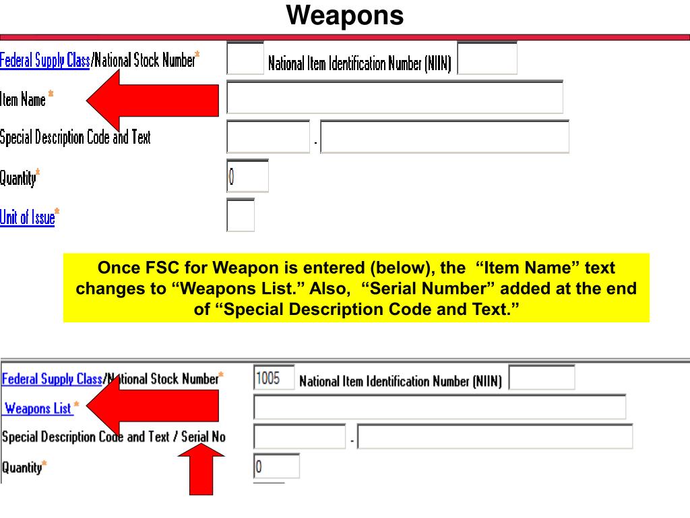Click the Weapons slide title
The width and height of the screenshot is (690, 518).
click(x=345, y=15)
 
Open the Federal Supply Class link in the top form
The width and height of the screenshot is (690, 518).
click(x=44, y=61)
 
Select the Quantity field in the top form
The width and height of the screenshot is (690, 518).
click(x=247, y=176)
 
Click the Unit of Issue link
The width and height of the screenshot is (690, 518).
click(x=27, y=217)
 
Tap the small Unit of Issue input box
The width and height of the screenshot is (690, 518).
click(x=241, y=216)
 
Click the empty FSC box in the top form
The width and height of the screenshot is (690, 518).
click(x=245, y=59)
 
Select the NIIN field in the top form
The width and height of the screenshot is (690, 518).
click(x=487, y=59)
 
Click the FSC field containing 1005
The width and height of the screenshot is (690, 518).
click(x=274, y=378)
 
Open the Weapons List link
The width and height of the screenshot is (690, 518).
click(x=38, y=408)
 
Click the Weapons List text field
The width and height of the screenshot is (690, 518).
click(x=439, y=407)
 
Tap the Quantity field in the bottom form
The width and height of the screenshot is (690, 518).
click(x=276, y=466)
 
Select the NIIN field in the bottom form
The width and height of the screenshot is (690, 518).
click(x=541, y=378)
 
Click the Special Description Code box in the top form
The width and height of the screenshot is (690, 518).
click(x=268, y=137)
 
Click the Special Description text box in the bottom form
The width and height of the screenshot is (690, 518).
click(x=495, y=437)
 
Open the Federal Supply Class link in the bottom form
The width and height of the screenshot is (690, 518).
click(x=52, y=379)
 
